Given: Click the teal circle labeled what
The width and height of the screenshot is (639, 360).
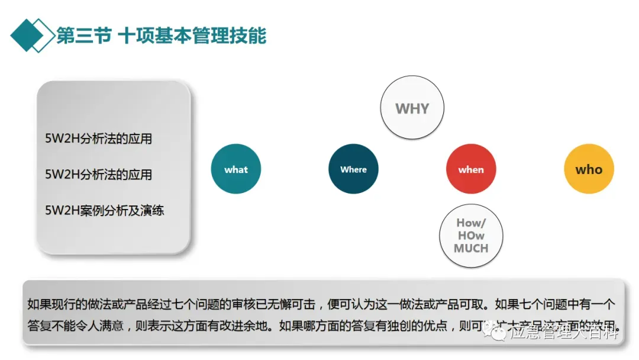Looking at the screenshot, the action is click(236, 169).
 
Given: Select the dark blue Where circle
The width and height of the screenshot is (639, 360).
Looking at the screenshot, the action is click(353, 169).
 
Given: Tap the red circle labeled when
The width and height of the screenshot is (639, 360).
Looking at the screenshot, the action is click(471, 169).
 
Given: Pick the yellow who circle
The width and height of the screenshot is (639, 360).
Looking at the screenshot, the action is click(589, 169).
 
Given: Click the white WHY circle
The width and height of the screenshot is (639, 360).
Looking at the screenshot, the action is click(412, 109).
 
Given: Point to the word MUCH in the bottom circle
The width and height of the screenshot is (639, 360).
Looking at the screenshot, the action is click(471, 248).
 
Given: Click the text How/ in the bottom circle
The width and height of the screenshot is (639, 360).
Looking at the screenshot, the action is click(471, 223).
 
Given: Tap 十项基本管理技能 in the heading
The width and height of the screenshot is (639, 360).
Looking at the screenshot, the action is click(192, 36).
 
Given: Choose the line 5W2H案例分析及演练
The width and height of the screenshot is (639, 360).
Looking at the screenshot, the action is click(105, 210).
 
